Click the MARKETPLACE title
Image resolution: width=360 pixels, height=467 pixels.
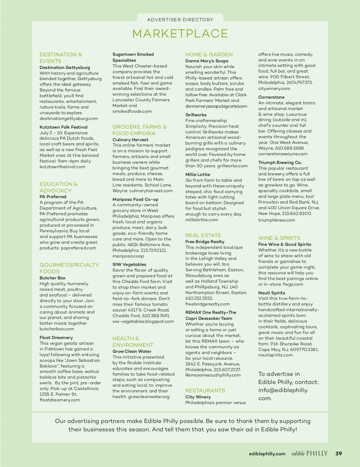click(x=180, y=34)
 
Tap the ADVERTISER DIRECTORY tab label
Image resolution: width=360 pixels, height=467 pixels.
click(x=180, y=20)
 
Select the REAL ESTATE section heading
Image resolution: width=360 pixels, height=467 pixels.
click(x=203, y=235)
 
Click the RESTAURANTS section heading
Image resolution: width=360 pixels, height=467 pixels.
click(x=205, y=391)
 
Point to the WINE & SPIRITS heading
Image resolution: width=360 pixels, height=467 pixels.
click(x=279, y=238)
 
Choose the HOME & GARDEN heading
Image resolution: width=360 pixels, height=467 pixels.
click(x=209, y=55)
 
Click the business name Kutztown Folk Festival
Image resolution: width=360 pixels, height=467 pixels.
click(x=64, y=127)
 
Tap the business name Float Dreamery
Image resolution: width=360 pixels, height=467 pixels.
click(x=56, y=338)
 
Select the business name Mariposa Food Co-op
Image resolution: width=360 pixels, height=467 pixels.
click(x=135, y=199)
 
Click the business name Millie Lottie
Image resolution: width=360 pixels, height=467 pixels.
click(x=198, y=174)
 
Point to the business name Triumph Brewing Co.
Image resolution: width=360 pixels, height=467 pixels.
click(x=280, y=162)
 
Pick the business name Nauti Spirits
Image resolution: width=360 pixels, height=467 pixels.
click(x=271, y=293)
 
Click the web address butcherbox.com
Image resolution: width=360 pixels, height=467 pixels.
click(x=57, y=329)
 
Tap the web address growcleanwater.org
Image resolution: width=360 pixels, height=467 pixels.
click(x=149, y=397)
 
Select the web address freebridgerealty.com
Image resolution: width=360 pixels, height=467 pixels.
click(x=207, y=304)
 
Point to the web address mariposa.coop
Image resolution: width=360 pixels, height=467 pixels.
click(x=128, y=256)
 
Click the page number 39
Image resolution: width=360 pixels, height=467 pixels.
click(x=338, y=454)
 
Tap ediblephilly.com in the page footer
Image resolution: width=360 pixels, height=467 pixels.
click(x=267, y=454)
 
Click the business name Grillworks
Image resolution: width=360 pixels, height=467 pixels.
click(x=196, y=115)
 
